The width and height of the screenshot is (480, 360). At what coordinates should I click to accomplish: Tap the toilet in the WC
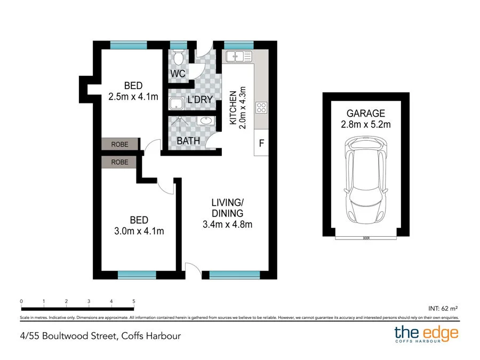tap(178, 56)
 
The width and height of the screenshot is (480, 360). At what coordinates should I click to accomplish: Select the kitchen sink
tap(238, 55)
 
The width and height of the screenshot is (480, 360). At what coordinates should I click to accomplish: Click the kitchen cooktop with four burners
tap(262, 108)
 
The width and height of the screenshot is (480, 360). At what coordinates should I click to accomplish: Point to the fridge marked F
tap(262, 143)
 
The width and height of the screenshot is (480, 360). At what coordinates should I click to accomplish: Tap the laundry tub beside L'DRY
tap(177, 103)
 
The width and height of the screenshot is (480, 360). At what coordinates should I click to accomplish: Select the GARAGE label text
tap(365, 113)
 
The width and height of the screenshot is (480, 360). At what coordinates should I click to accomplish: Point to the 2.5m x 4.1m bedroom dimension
tap(133, 97)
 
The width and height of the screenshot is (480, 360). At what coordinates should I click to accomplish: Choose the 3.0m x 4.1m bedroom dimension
tap(139, 231)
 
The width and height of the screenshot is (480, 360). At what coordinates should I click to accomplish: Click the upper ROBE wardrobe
tap(119, 144)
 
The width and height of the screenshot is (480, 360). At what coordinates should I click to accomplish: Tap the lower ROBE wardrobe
tap(119, 162)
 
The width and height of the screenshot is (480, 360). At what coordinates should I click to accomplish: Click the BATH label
tap(189, 141)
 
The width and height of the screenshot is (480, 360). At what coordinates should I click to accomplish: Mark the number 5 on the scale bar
tap(133, 301)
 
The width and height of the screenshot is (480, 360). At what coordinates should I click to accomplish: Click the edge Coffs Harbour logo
tap(426, 334)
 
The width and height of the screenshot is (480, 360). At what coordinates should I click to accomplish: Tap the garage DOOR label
tap(366, 238)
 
